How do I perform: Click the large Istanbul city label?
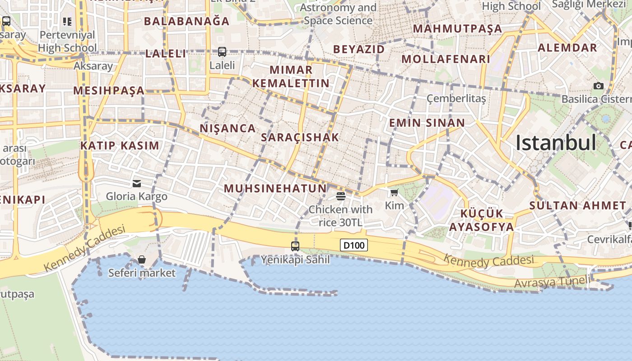556,143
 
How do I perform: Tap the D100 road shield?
353,245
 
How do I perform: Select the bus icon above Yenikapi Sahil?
295,246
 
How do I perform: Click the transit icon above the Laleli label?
222,52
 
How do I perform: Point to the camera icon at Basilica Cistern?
599,86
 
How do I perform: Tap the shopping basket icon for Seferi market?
142,259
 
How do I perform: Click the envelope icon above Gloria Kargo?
137,184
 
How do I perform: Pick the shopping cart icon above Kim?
394,193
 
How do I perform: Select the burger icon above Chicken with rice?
341,196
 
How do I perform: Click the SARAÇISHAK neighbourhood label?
300,138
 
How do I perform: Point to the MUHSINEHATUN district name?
275,189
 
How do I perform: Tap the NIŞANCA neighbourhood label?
228,129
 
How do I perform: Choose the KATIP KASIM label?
120,146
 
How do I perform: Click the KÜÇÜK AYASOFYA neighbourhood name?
487,220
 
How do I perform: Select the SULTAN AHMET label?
578,205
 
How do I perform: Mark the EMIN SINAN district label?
427,123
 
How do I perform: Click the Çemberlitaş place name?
456,98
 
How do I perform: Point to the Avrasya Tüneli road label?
552,282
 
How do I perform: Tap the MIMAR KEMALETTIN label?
291,77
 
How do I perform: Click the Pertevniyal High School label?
67,41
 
